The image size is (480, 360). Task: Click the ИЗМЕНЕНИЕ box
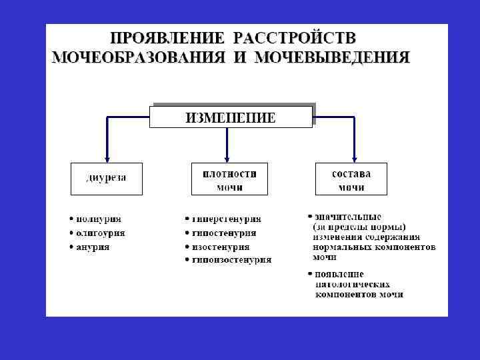coord(231,117)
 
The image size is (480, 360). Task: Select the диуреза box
coord(107,178)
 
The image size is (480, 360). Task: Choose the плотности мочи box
coord(229,179)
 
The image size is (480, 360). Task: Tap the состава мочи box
coord(351,179)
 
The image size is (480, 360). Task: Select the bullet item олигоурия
coord(100,233)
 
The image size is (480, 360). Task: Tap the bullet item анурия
coord(93,247)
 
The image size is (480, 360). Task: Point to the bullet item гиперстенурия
coord(226,219)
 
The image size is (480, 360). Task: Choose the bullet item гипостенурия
coord(224,233)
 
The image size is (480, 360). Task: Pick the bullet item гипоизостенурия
coord(231,260)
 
